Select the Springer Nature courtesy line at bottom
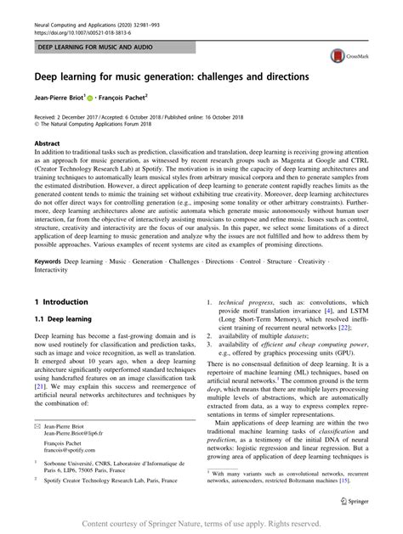201,524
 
